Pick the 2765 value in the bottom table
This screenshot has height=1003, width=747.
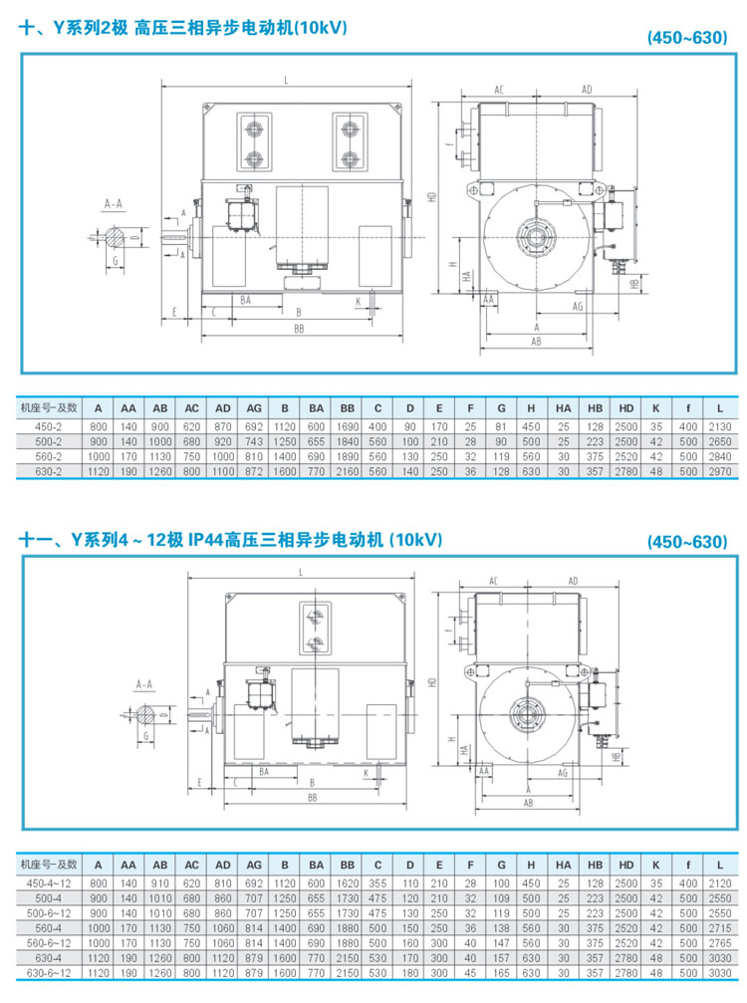(719, 941)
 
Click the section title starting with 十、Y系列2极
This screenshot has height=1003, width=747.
(183, 30)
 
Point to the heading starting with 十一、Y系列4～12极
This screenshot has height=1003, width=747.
(230, 541)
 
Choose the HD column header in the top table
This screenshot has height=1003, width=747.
(626, 407)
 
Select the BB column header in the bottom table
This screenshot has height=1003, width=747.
(348, 864)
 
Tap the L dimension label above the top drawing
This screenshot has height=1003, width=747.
(287, 79)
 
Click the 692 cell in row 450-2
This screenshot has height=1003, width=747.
(254, 426)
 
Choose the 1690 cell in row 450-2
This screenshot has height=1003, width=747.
(348, 426)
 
